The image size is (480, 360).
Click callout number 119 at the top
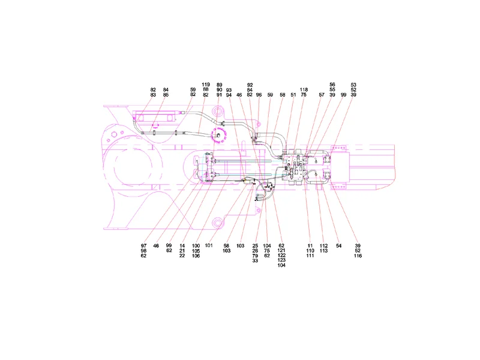click(206, 85)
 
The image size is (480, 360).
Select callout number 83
click(153, 95)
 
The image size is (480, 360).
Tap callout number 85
click(166, 95)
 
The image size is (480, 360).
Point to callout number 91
click(219, 95)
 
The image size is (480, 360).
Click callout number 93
click(229, 90)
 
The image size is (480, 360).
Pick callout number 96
click(259, 95)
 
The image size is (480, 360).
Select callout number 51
click(293, 95)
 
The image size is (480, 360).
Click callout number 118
click(304, 89)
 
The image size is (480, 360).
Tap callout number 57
click(322, 95)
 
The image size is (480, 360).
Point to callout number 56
click(332, 85)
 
